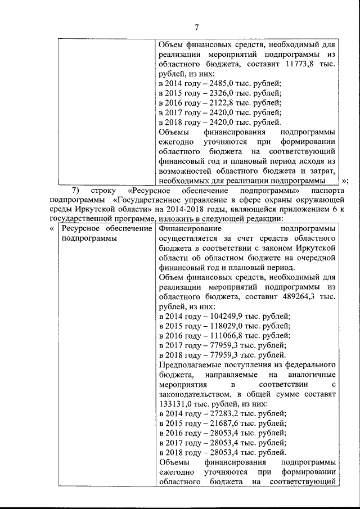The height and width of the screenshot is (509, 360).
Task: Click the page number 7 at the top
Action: pyautogui.click(x=197, y=27)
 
